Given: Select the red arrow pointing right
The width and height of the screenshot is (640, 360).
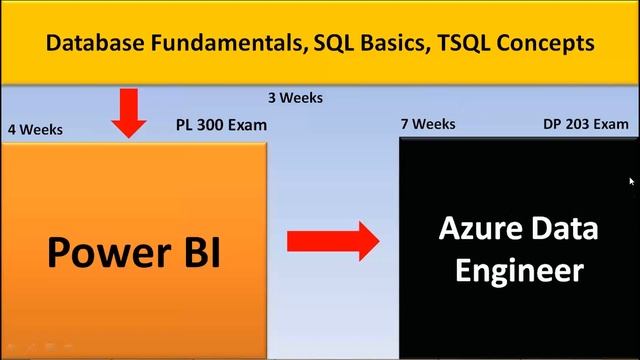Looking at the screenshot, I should pyautogui.click(x=333, y=241).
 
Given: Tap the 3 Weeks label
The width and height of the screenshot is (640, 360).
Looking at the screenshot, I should pyautogui.click(x=295, y=98).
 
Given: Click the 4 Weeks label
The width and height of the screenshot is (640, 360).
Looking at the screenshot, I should pyautogui.click(x=35, y=129).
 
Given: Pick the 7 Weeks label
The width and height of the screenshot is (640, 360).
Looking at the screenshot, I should pyautogui.click(x=427, y=124).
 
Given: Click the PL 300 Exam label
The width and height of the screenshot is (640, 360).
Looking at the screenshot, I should pyautogui.click(x=220, y=124).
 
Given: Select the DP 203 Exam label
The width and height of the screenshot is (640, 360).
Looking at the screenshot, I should pyautogui.click(x=586, y=124).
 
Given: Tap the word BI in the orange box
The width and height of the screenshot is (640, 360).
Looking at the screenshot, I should pyautogui.click(x=196, y=253).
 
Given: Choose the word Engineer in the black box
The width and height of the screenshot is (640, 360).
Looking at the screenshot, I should pyautogui.click(x=520, y=270).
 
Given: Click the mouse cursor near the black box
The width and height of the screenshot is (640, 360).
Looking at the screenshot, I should pyautogui.click(x=632, y=181).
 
